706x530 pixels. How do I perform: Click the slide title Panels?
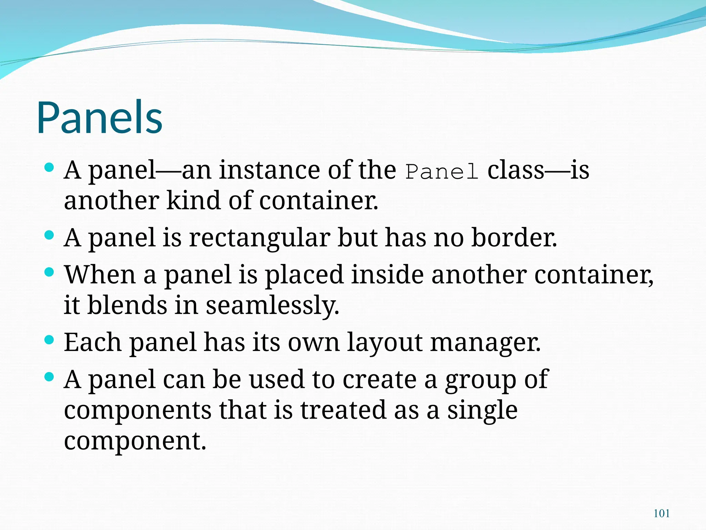[100, 117]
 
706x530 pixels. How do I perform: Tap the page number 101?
[662, 513]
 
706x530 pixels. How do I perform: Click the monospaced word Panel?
[442, 171]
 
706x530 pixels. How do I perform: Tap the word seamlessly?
[272, 306]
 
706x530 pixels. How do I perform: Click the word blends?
[127, 305]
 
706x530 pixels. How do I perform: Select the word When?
[100, 275]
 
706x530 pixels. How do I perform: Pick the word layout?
[384, 343]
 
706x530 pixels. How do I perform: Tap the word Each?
[92, 342]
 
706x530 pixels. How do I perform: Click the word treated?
[343, 410]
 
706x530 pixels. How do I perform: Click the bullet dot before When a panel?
[50, 272]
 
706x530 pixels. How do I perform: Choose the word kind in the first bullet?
[193, 200]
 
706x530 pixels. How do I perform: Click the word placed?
[304, 275]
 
